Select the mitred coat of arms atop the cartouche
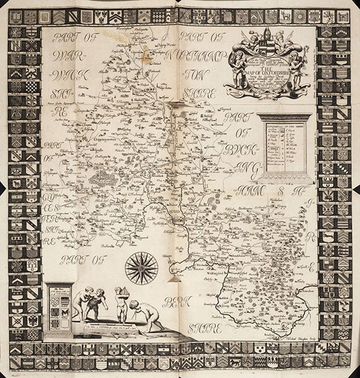coord(270,37)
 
